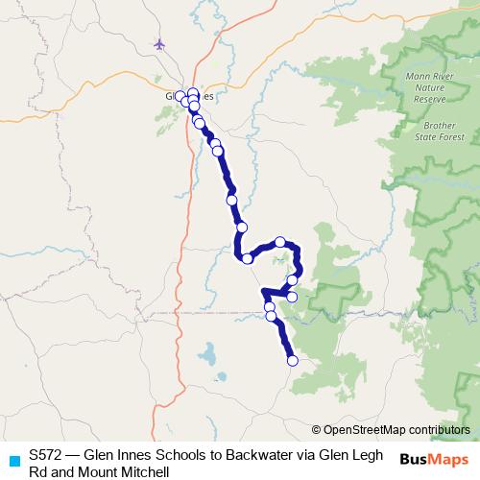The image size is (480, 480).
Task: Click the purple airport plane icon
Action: coord(159,43)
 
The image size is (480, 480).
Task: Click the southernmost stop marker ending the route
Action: coord(293,361)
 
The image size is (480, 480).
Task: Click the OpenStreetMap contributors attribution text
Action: coord(396,430)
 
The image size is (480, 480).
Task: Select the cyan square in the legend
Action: coord(12,459)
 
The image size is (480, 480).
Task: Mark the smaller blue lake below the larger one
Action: coord(220,375)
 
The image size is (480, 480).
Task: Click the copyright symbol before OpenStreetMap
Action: coord(316,430)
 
